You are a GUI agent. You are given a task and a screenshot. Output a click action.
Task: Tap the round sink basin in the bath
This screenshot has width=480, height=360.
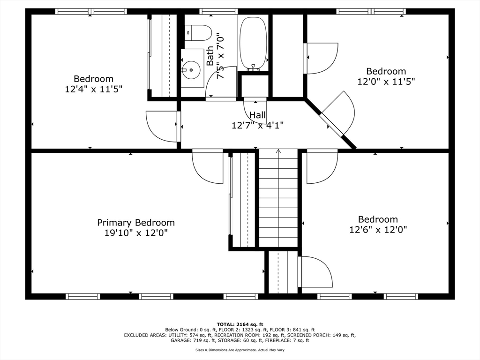191,70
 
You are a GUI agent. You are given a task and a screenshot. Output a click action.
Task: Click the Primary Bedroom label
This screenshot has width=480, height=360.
136,223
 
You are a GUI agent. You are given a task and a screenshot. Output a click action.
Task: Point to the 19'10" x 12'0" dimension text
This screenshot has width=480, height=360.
136,233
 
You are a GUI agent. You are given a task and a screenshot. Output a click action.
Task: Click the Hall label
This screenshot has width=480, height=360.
257,115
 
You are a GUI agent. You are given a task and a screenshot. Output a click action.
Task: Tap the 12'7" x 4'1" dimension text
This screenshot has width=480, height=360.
257,125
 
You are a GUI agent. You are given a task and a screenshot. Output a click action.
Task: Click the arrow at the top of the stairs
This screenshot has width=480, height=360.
278,151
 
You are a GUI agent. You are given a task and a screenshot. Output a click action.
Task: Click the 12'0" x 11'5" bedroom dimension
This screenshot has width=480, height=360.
386,81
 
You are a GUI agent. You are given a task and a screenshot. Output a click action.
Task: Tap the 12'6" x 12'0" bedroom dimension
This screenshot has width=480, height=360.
378,230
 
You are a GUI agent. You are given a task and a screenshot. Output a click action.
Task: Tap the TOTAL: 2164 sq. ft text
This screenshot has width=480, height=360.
240,324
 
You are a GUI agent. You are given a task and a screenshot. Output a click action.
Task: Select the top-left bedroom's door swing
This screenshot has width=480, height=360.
162,126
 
